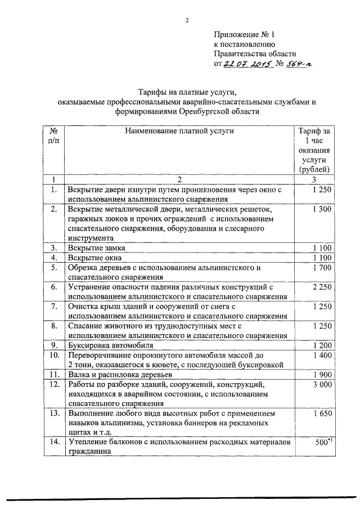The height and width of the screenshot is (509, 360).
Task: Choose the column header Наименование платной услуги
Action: click(178, 131)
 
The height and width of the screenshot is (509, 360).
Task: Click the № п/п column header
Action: click(54, 136)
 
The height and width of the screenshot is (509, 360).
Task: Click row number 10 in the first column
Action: click(54, 355)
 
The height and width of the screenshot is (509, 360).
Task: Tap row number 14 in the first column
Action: click(54, 443)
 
